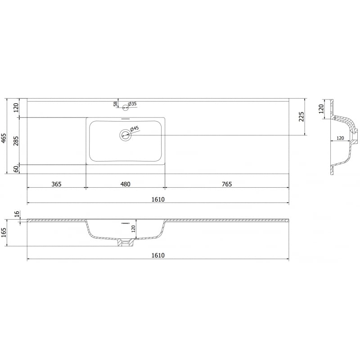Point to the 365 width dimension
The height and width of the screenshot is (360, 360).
pos(56,184)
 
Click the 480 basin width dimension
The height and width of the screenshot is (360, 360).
pos(125,184)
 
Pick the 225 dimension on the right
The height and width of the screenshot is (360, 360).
pos(301,117)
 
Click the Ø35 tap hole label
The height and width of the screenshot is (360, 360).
pos(132,104)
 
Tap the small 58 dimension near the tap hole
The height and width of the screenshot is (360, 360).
pos(116,104)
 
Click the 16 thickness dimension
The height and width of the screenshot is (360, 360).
pos(17,214)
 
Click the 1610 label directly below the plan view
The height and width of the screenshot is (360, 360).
pos(157,199)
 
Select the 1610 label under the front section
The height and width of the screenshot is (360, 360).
pos(157,255)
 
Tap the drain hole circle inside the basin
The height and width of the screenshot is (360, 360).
pos(125,135)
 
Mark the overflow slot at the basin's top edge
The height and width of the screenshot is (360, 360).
pos(126,119)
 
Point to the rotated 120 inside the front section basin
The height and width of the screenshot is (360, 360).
pos(134,229)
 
